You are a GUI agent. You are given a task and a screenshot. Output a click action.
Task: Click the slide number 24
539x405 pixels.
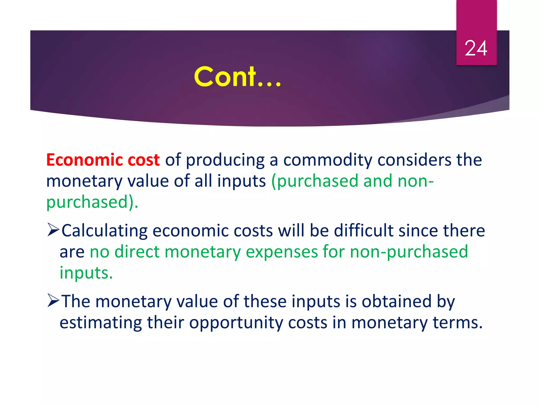point(476,48)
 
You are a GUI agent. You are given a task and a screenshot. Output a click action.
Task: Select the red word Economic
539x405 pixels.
point(84,160)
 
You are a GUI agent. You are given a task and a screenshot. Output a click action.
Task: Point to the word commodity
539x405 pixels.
point(327,160)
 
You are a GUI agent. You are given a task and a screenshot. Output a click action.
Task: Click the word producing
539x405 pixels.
point(225,160)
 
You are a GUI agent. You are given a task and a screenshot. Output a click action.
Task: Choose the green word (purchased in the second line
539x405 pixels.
point(315,181)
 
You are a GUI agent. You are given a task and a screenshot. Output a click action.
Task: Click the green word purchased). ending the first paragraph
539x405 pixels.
point(92,202)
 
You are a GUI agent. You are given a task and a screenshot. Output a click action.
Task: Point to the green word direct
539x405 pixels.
point(137,252)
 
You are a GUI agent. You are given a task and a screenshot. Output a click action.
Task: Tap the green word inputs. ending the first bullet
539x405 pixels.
point(86,273)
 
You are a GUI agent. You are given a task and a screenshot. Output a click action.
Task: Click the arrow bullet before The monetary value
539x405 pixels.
point(53,301)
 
